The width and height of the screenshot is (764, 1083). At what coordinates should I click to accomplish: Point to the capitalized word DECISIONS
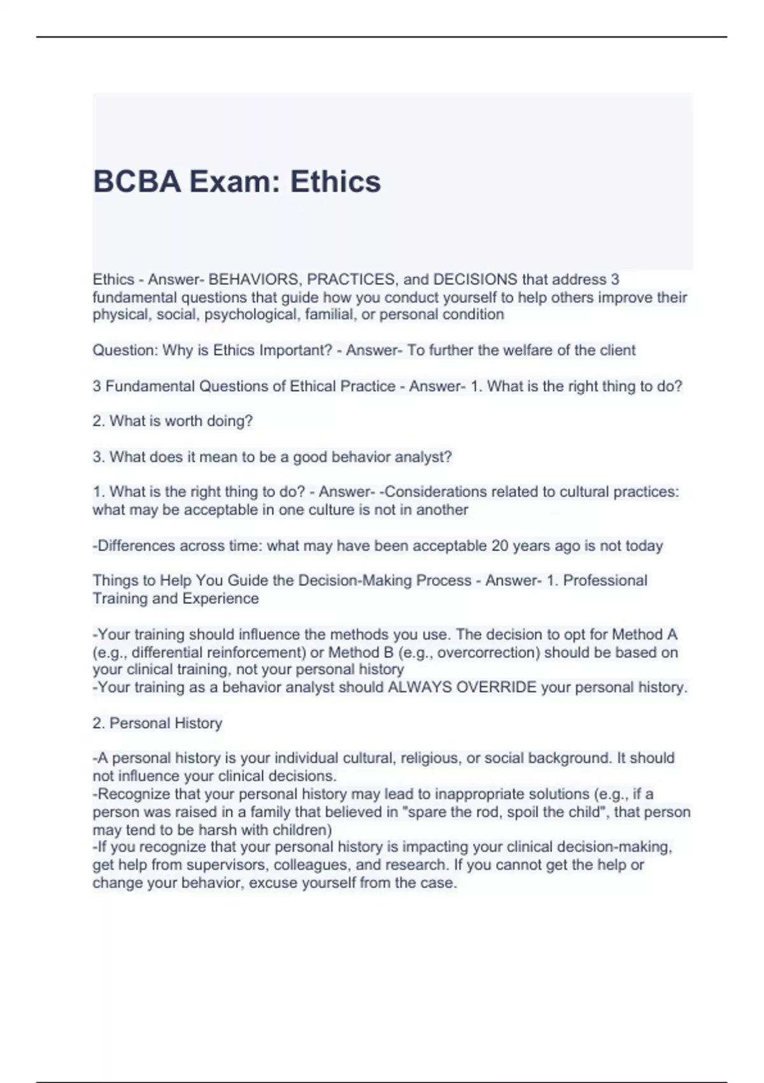(x=475, y=280)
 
